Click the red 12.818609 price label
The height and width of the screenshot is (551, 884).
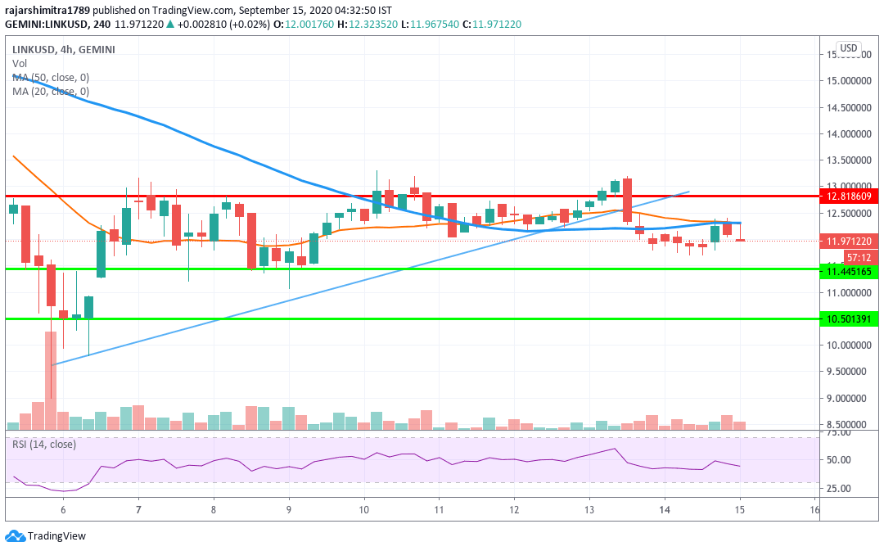point(851,196)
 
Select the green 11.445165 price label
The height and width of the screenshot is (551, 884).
point(851,271)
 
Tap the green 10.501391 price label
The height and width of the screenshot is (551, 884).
point(851,318)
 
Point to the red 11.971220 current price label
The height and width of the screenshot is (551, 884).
point(851,242)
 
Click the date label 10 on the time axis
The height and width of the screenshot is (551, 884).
point(363,509)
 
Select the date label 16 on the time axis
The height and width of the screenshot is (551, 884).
point(814,509)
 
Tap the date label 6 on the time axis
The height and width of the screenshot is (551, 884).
point(63,509)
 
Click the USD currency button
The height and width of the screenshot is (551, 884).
point(848,48)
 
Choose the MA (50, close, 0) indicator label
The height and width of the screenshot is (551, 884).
point(51,77)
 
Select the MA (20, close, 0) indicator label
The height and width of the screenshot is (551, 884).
point(51,91)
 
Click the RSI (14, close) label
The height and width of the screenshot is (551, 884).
point(43,445)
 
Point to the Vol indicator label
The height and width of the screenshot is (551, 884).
point(19,63)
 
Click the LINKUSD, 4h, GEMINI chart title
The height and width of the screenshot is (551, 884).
point(64,49)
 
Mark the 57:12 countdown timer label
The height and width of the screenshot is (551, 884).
point(851,257)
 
